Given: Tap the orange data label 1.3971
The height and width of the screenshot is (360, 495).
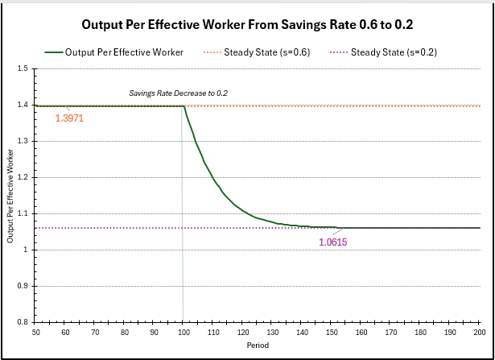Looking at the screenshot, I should (x=69, y=118).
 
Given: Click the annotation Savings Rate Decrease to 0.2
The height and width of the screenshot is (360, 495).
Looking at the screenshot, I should (x=179, y=93).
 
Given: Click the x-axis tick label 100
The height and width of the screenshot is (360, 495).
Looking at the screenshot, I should (x=183, y=332).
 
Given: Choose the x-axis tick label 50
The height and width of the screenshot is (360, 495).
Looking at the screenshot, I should (x=35, y=332).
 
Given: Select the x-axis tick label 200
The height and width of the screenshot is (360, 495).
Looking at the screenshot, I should (x=479, y=332).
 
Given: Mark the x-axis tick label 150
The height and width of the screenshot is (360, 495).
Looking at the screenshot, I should (x=331, y=332).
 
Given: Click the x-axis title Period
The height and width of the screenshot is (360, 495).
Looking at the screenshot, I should (x=258, y=345).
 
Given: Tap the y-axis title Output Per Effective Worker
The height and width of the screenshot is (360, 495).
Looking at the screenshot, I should (x=11, y=196).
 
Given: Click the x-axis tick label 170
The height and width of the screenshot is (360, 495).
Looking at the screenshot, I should (x=390, y=332).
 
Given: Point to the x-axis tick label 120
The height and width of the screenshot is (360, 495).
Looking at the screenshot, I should (x=242, y=332).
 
